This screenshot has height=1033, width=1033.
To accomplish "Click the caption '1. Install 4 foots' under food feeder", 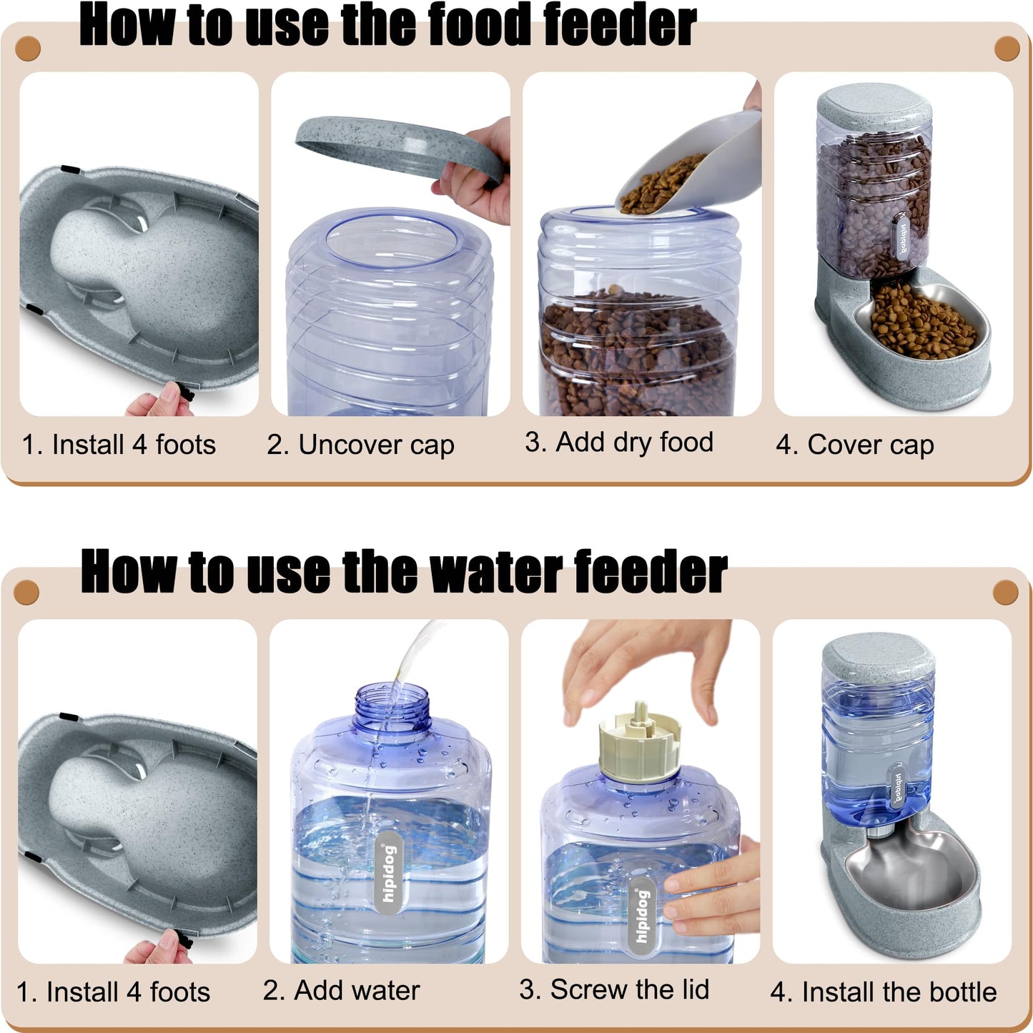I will (x=119, y=445).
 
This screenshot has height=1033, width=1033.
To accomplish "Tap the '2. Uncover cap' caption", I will (x=360, y=445).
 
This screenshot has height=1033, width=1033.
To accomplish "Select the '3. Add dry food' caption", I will (x=619, y=442).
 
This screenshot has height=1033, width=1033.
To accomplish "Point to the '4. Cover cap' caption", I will (x=855, y=445).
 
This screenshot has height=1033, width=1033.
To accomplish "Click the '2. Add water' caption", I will (x=341, y=991).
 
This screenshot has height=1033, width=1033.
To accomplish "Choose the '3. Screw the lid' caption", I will (x=614, y=990).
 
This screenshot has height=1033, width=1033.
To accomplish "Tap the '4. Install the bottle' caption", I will (x=884, y=992).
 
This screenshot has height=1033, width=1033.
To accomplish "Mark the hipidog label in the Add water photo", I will (x=388, y=872).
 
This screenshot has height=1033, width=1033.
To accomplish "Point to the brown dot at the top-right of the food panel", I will (x=1007, y=49).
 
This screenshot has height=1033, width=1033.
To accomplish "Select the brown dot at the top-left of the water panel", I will (x=26, y=593).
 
